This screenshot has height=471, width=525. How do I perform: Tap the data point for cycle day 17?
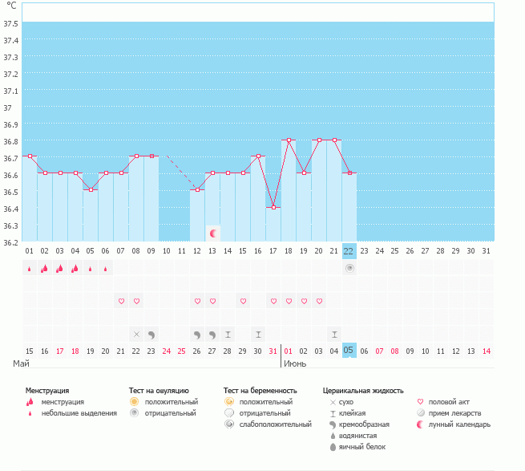tap(273, 208)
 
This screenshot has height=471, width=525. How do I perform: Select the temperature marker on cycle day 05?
tap(91, 189)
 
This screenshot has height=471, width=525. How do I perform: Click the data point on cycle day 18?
tap(289, 140)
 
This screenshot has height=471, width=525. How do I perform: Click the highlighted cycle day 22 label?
tap(349, 250)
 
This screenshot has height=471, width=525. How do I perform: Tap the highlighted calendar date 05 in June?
tap(349, 351)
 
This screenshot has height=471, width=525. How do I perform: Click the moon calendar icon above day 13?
tap(212, 233)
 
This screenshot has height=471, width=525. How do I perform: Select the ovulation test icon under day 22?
tap(349, 268)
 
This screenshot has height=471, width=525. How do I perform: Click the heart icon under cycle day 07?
tap(121, 301)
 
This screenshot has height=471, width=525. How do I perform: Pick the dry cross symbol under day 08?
tap(136, 334)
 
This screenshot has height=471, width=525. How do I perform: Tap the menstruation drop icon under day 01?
tap(30, 269)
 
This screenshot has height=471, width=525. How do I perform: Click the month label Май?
tap(22, 363)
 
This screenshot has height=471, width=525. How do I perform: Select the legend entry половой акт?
tap(448, 401)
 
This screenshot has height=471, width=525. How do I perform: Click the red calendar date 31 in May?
tap(273, 351)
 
